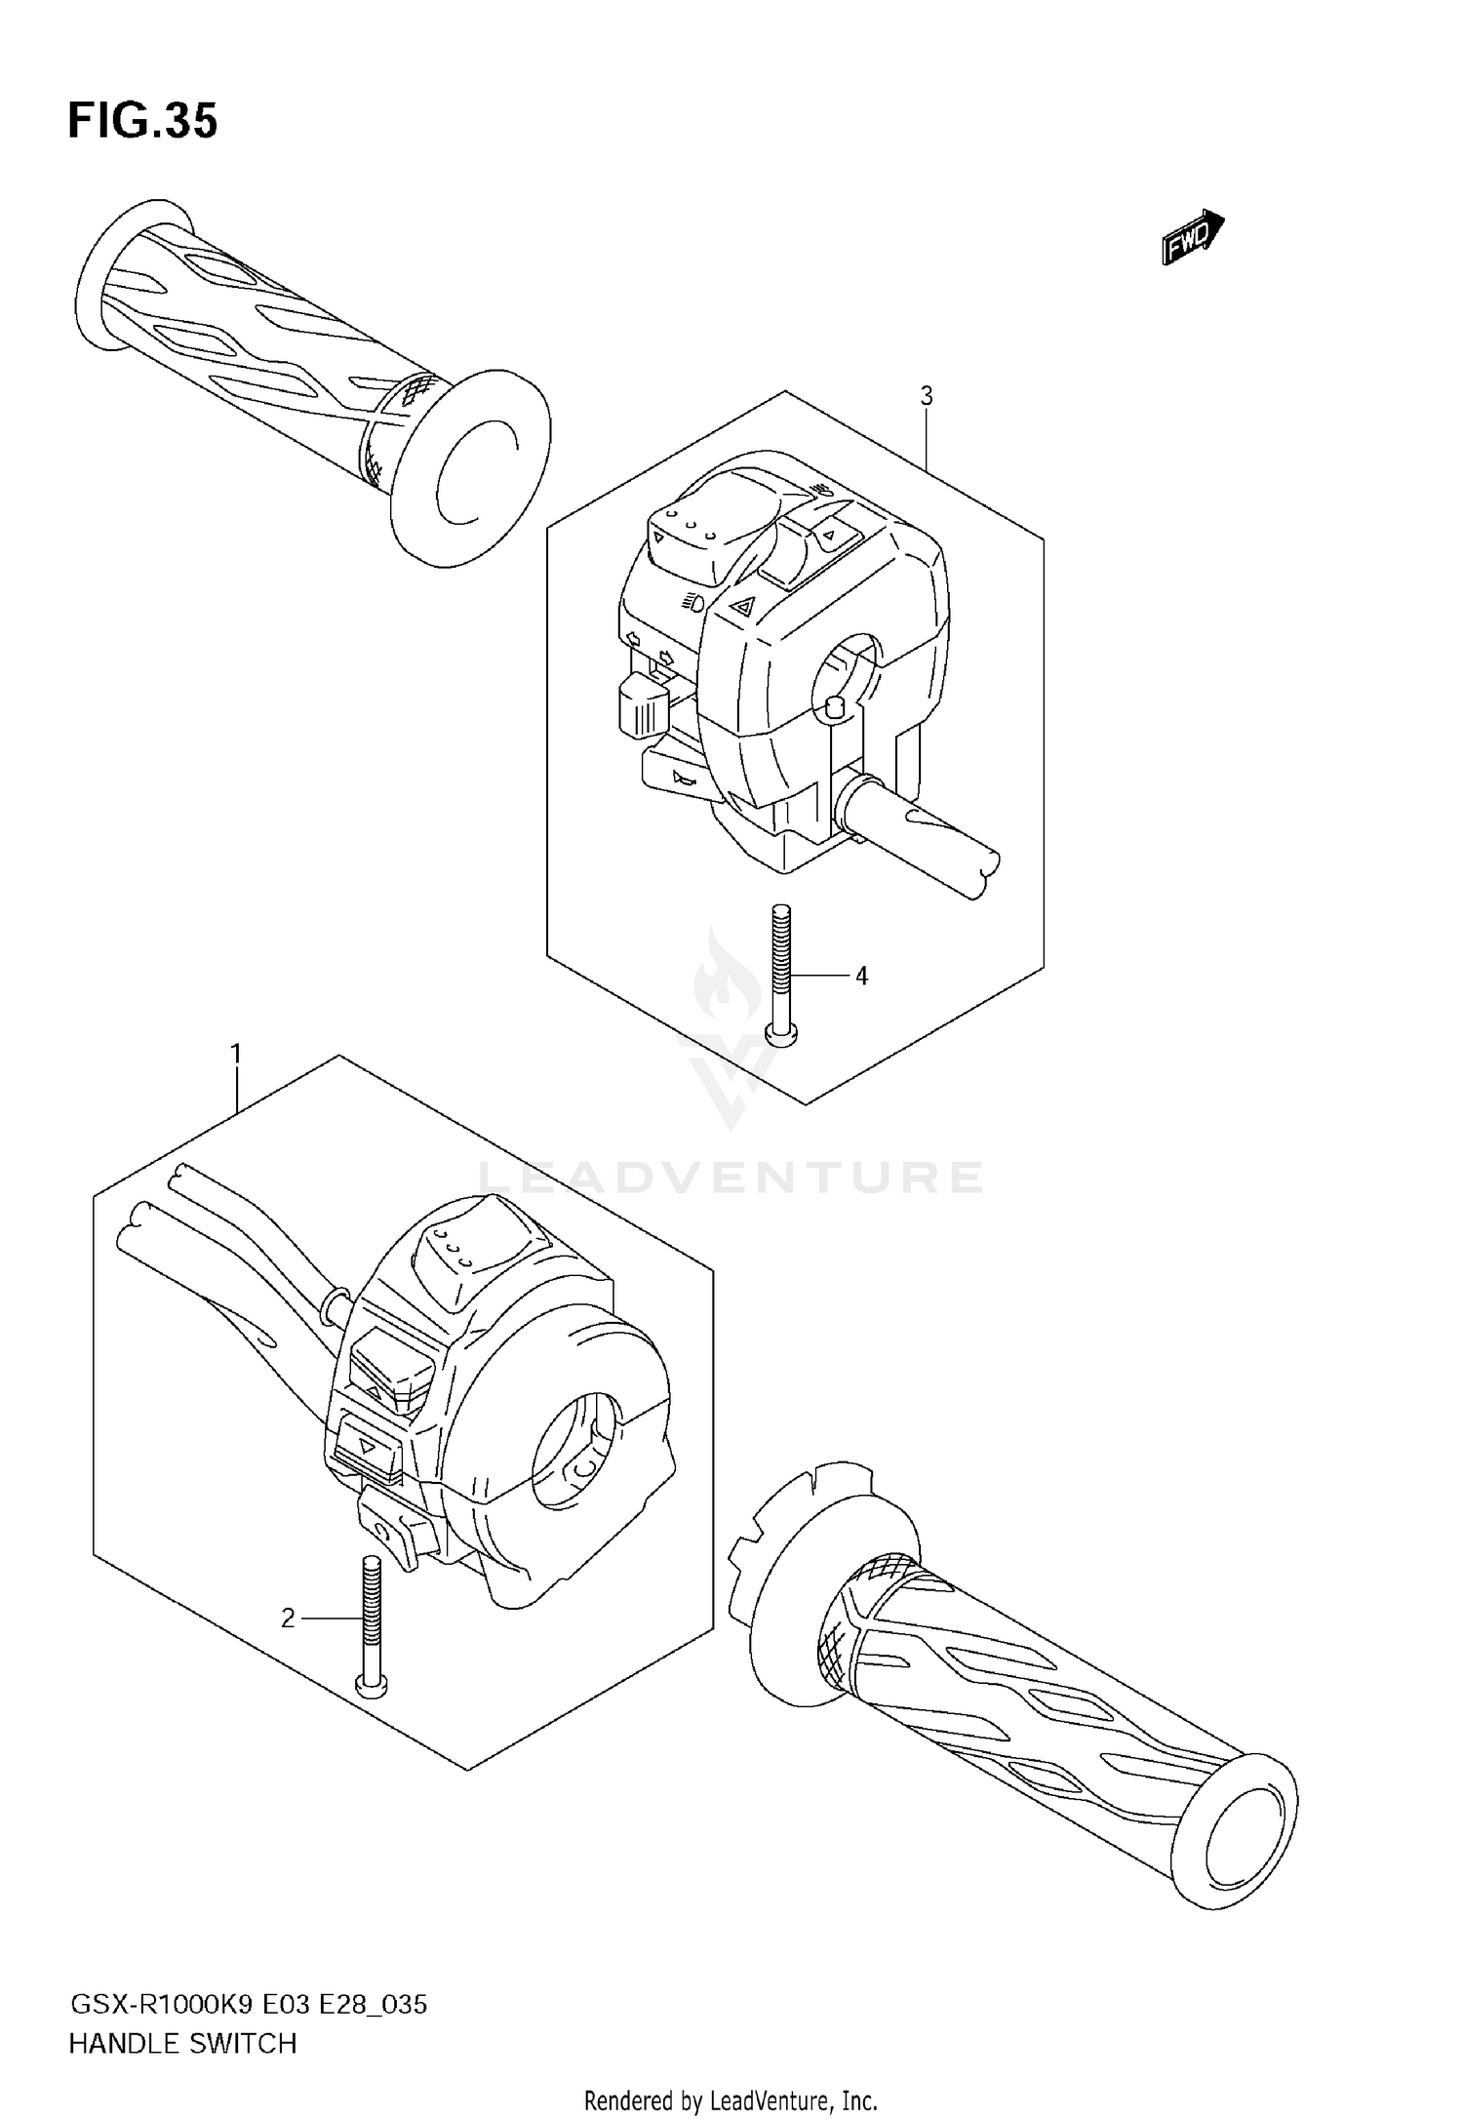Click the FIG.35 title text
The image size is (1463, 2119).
click(142, 122)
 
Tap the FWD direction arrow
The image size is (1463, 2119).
click(1192, 236)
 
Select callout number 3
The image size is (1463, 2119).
click(926, 396)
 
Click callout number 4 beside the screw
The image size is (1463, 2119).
click(861, 975)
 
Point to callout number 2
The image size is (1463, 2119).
click(288, 1619)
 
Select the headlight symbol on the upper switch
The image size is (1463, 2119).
click(692, 602)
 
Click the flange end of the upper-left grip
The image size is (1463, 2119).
click(470, 468)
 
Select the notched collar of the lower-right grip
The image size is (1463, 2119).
click(780, 1561)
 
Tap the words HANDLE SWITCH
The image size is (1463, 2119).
click(182, 2044)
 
